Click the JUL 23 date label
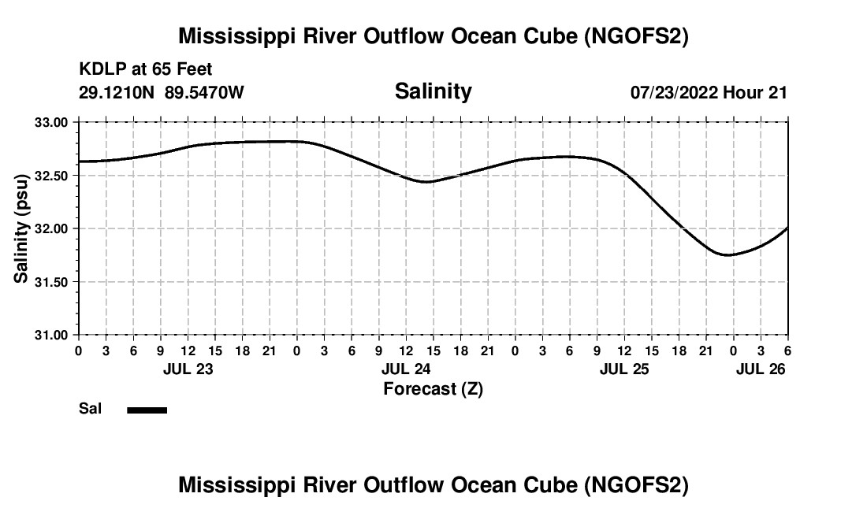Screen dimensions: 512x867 (188, 369)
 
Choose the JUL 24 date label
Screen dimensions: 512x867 (406, 369)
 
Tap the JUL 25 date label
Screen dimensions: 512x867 (624, 369)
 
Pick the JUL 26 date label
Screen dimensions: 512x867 (761, 369)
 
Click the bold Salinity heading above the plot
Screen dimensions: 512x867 (433, 91)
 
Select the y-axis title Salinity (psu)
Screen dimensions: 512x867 (21, 228)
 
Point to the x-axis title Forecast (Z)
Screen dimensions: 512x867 (433, 388)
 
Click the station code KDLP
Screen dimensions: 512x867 (99, 70)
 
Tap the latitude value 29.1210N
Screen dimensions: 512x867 (117, 92)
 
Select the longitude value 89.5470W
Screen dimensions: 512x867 (204, 92)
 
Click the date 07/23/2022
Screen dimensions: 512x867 (674, 92)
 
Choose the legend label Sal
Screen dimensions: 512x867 (89, 409)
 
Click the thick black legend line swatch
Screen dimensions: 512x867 (147, 410)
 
